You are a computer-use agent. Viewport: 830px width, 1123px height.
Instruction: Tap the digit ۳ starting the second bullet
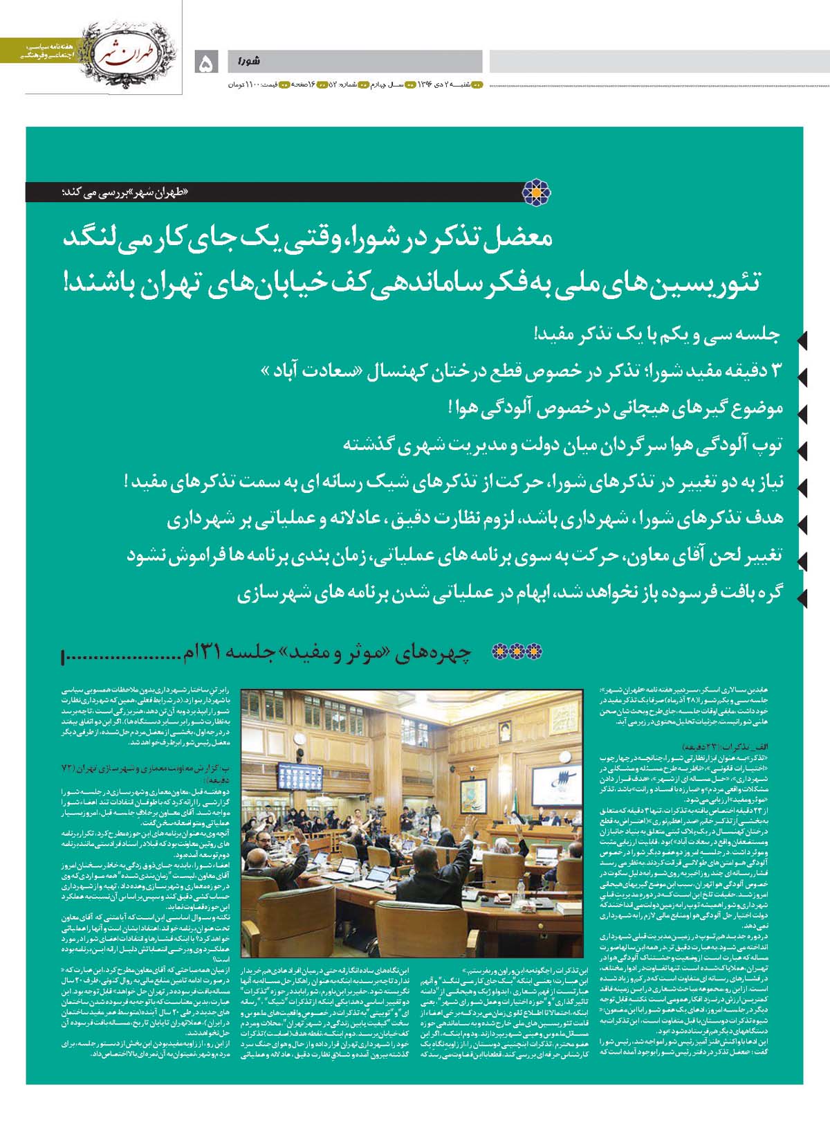coord(775,370)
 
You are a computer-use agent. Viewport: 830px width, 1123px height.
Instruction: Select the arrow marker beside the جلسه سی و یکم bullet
coord(802,340)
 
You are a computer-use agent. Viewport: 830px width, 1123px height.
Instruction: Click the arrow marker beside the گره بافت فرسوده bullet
coord(802,595)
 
